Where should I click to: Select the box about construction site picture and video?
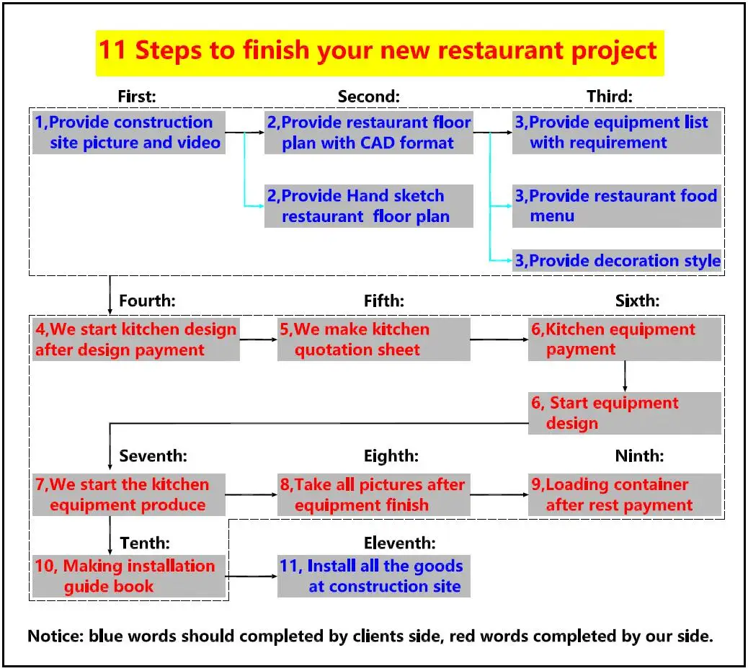click(128, 133)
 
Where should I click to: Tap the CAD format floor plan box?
click(368, 133)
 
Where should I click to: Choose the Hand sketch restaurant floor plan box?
click(368, 206)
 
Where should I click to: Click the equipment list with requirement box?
click(616, 133)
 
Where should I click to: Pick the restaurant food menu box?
click(616, 206)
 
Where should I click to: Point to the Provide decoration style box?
click(616, 261)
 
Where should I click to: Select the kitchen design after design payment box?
click(135, 340)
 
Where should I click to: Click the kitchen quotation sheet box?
click(373, 340)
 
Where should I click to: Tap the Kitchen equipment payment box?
click(624, 339)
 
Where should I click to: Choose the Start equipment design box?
click(624, 413)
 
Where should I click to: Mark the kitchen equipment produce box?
click(128, 494)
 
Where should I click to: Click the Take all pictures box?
click(373, 494)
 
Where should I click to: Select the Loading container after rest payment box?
click(624, 494)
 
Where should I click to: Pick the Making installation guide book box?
click(128, 576)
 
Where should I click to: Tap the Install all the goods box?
click(373, 576)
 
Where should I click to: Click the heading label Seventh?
click(153, 456)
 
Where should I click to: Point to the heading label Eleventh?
click(399, 543)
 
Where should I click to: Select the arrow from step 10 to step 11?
click(251, 576)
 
